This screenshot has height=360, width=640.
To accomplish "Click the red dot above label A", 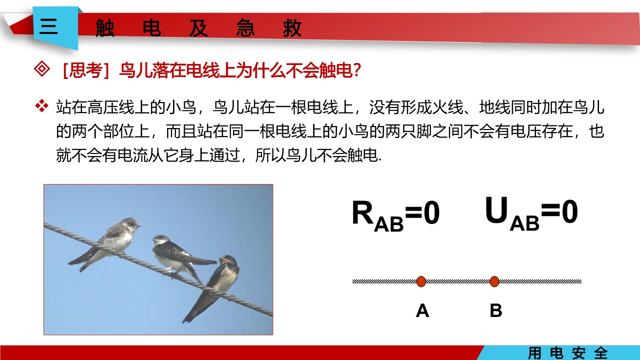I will click(421, 281).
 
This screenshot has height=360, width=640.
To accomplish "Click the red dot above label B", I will click(494, 281).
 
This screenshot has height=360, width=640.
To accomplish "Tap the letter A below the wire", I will click(422, 310).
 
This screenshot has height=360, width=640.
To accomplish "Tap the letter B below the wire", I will click(495, 310).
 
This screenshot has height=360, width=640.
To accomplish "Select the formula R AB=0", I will click(395, 214).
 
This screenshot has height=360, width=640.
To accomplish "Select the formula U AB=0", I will click(531, 213).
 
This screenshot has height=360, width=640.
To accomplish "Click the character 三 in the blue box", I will click(48, 26).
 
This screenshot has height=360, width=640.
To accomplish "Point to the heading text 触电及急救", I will click(198, 28).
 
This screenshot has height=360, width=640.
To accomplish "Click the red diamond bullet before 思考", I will click(41, 69).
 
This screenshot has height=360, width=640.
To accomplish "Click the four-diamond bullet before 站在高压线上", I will click(41, 106).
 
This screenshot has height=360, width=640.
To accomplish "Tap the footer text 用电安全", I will click(567, 353).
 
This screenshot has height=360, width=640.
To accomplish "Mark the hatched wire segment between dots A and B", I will click(457, 281).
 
